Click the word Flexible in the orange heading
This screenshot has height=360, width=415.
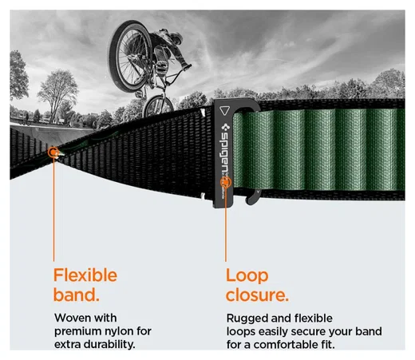click(85, 275)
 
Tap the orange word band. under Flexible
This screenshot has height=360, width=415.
click(77, 295)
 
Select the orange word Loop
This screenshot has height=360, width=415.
click(247, 276)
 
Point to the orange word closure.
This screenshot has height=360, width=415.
click(257, 295)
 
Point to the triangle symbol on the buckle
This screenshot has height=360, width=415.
click(224, 110)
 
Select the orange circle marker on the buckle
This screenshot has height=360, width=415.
click(226, 182)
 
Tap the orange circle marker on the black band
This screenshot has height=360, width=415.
click(53, 152)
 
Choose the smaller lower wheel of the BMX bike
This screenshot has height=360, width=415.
click(158, 106)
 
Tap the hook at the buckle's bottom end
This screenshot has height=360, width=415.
click(253, 198)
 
